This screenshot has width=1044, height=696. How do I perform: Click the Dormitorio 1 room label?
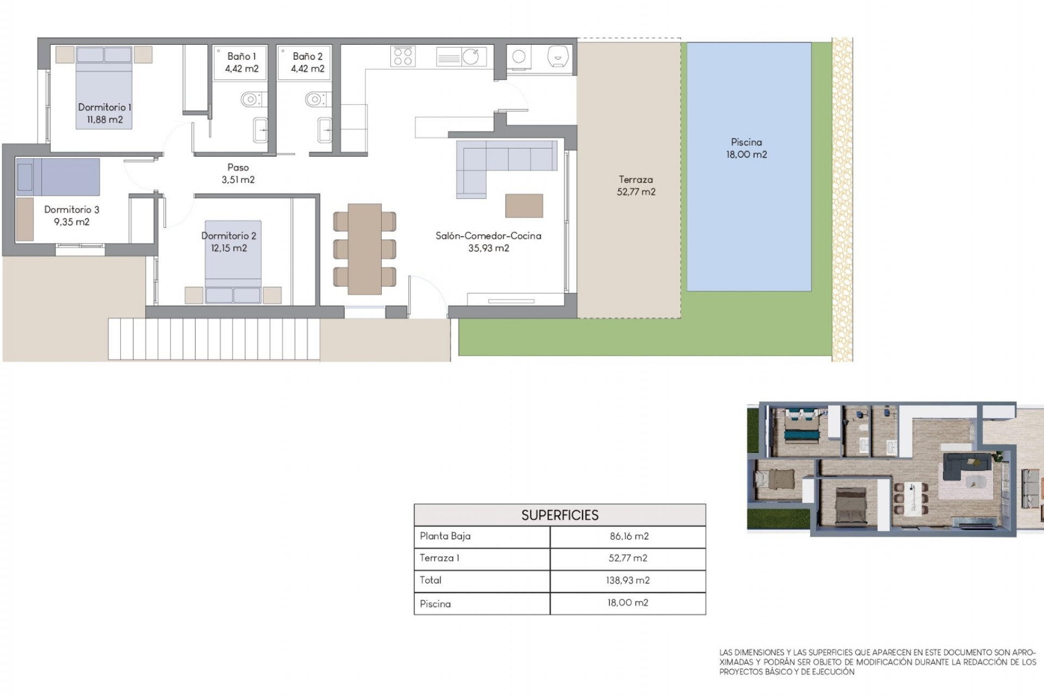click(x=104, y=107)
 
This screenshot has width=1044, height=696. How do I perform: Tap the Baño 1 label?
click(x=241, y=56)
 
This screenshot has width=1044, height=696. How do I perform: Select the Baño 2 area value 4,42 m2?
click(x=307, y=69)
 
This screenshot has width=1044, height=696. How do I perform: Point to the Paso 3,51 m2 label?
click(x=238, y=173)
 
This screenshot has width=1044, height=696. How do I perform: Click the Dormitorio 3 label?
click(x=72, y=209)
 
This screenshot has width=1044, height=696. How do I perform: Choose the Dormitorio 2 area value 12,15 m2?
click(x=229, y=248)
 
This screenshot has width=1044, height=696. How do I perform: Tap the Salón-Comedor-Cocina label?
click(x=488, y=235)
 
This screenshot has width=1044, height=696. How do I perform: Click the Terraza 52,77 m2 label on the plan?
click(x=636, y=185)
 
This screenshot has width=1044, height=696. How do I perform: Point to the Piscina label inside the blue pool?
click(x=747, y=142)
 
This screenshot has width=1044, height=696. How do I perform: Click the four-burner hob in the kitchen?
click(x=403, y=56)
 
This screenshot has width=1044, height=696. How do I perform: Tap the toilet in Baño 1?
click(x=252, y=100)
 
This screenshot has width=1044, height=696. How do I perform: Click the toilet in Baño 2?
click(x=316, y=100)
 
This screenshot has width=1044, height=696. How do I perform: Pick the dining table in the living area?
click(x=364, y=249)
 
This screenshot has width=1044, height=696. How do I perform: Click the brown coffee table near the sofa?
click(x=524, y=206)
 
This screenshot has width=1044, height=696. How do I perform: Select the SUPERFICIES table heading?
click(x=560, y=515)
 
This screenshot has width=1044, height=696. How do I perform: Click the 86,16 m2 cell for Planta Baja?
click(x=629, y=536)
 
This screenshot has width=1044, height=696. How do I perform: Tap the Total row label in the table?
click(x=431, y=580)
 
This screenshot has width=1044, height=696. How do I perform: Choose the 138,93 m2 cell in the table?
click(x=628, y=580)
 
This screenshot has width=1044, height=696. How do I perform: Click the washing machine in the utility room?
click(x=519, y=57)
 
